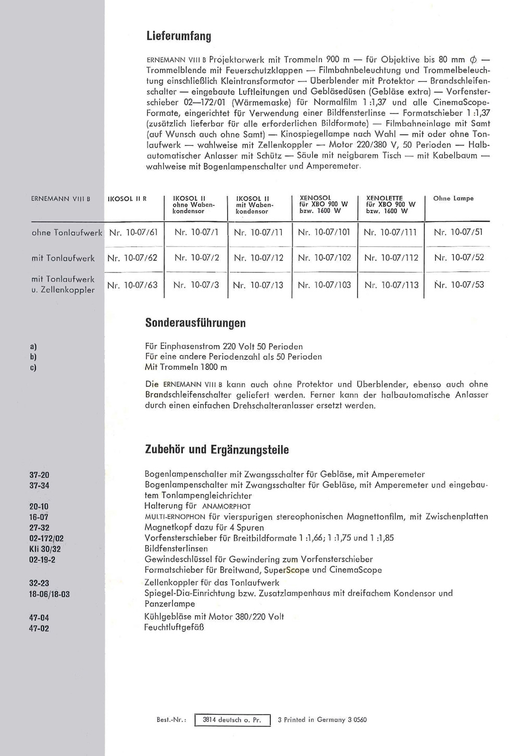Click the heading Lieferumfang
(x=179, y=36)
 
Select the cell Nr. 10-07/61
(x=133, y=232)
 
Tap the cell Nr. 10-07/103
(x=324, y=285)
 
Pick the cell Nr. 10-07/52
(x=459, y=257)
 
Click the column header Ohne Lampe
(x=453, y=199)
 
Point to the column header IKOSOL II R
(x=127, y=199)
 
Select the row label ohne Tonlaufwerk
(x=67, y=233)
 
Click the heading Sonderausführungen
(x=195, y=323)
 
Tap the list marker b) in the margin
(x=33, y=357)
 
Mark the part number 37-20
(x=39, y=475)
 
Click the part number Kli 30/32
(x=45, y=549)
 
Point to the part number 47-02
(x=39, y=628)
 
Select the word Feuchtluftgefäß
(x=174, y=627)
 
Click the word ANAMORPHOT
(x=226, y=506)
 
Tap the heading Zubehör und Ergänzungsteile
(x=217, y=450)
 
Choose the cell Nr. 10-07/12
(x=258, y=257)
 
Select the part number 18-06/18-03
(x=49, y=594)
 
